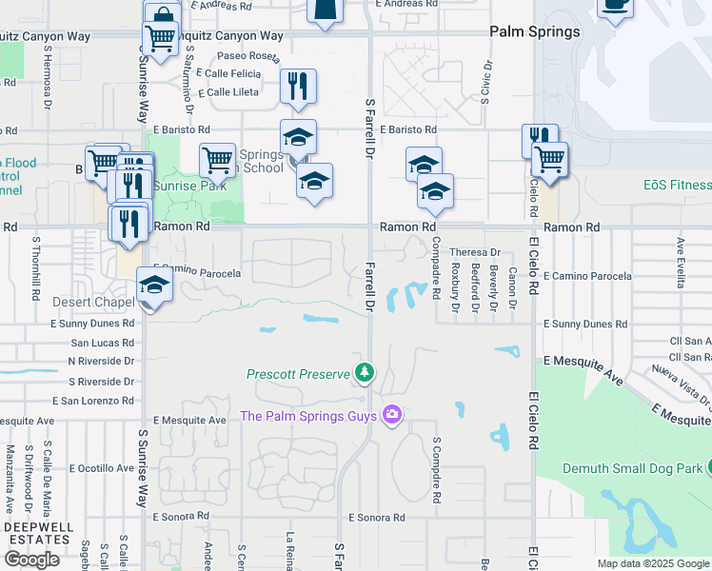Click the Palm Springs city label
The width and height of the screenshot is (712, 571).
coord(534,31)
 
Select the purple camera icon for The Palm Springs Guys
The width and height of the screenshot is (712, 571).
coord(391,414)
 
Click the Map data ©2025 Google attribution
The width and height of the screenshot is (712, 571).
coord(653,563)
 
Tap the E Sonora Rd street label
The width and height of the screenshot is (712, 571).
coord(377,518)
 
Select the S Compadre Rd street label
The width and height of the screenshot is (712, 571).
coord(437,470)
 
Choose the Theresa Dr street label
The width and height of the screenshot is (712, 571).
coord(475,252)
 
